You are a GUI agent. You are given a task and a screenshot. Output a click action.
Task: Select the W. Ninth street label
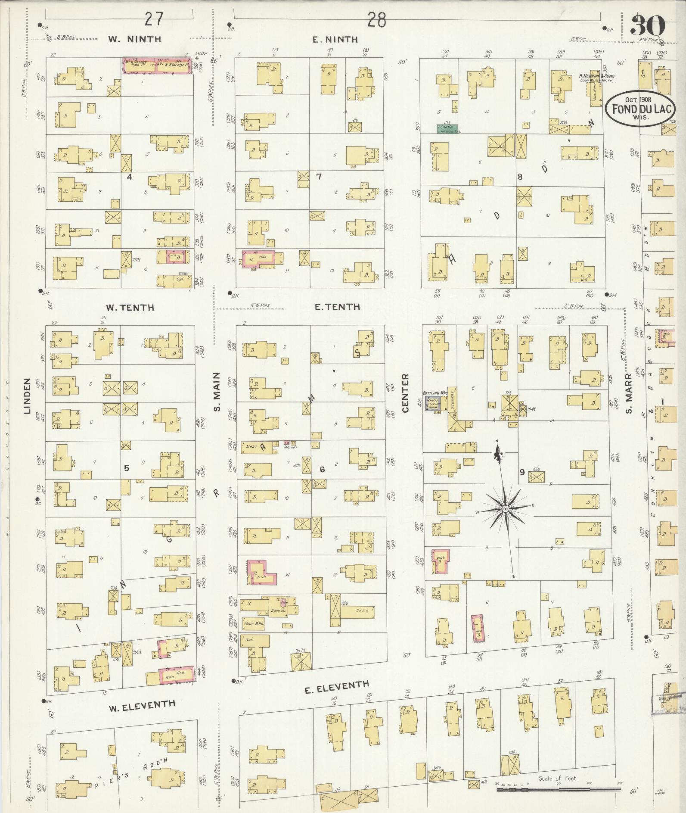click(134, 39)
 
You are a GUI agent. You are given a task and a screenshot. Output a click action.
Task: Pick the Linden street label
click(27, 396)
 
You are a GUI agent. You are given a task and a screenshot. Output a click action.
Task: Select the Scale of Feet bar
click(557, 789)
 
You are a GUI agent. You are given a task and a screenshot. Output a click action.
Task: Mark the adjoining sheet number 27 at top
click(154, 19)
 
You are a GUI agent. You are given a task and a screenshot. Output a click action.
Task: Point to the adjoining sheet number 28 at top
click(376, 19)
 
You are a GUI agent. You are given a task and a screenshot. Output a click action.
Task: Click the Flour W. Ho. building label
click(253, 623)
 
